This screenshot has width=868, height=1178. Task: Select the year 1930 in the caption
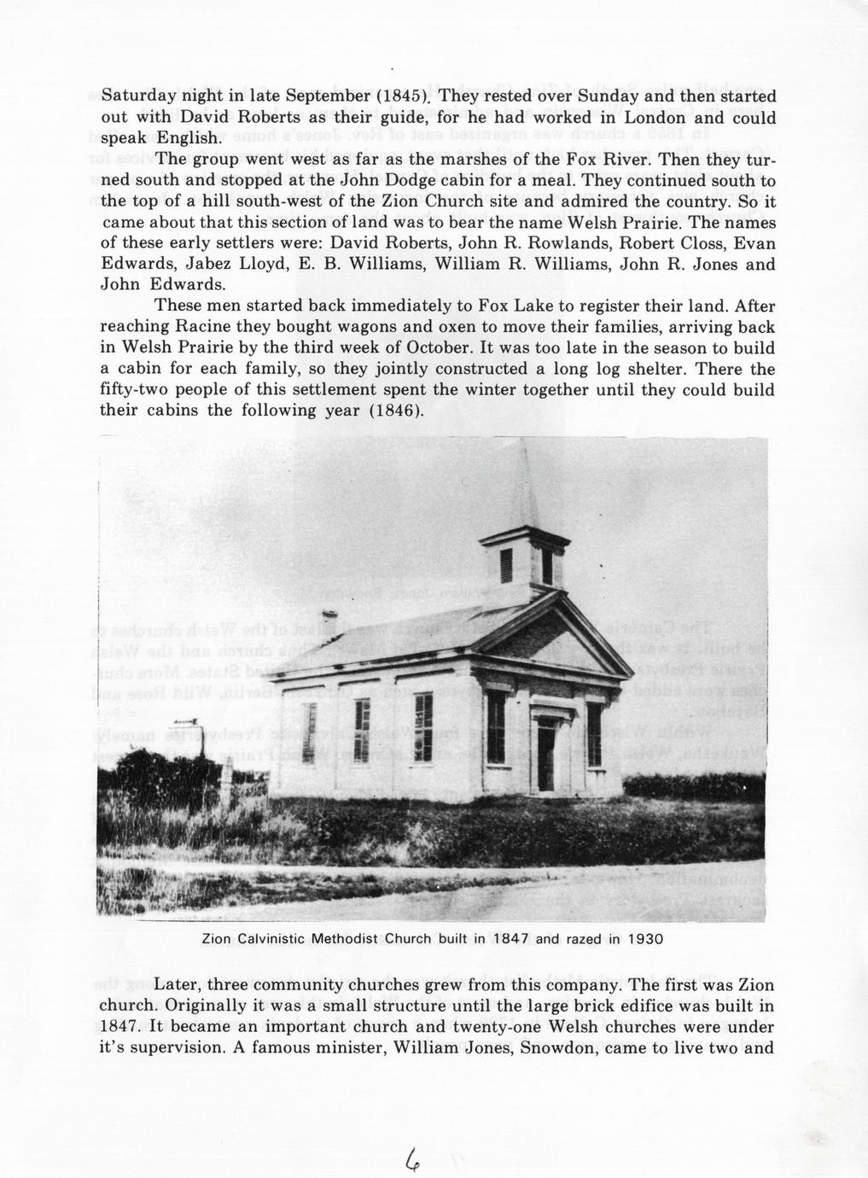(x=645, y=939)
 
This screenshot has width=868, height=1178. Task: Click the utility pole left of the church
(x=202, y=751)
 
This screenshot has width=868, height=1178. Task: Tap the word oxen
(x=438, y=327)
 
